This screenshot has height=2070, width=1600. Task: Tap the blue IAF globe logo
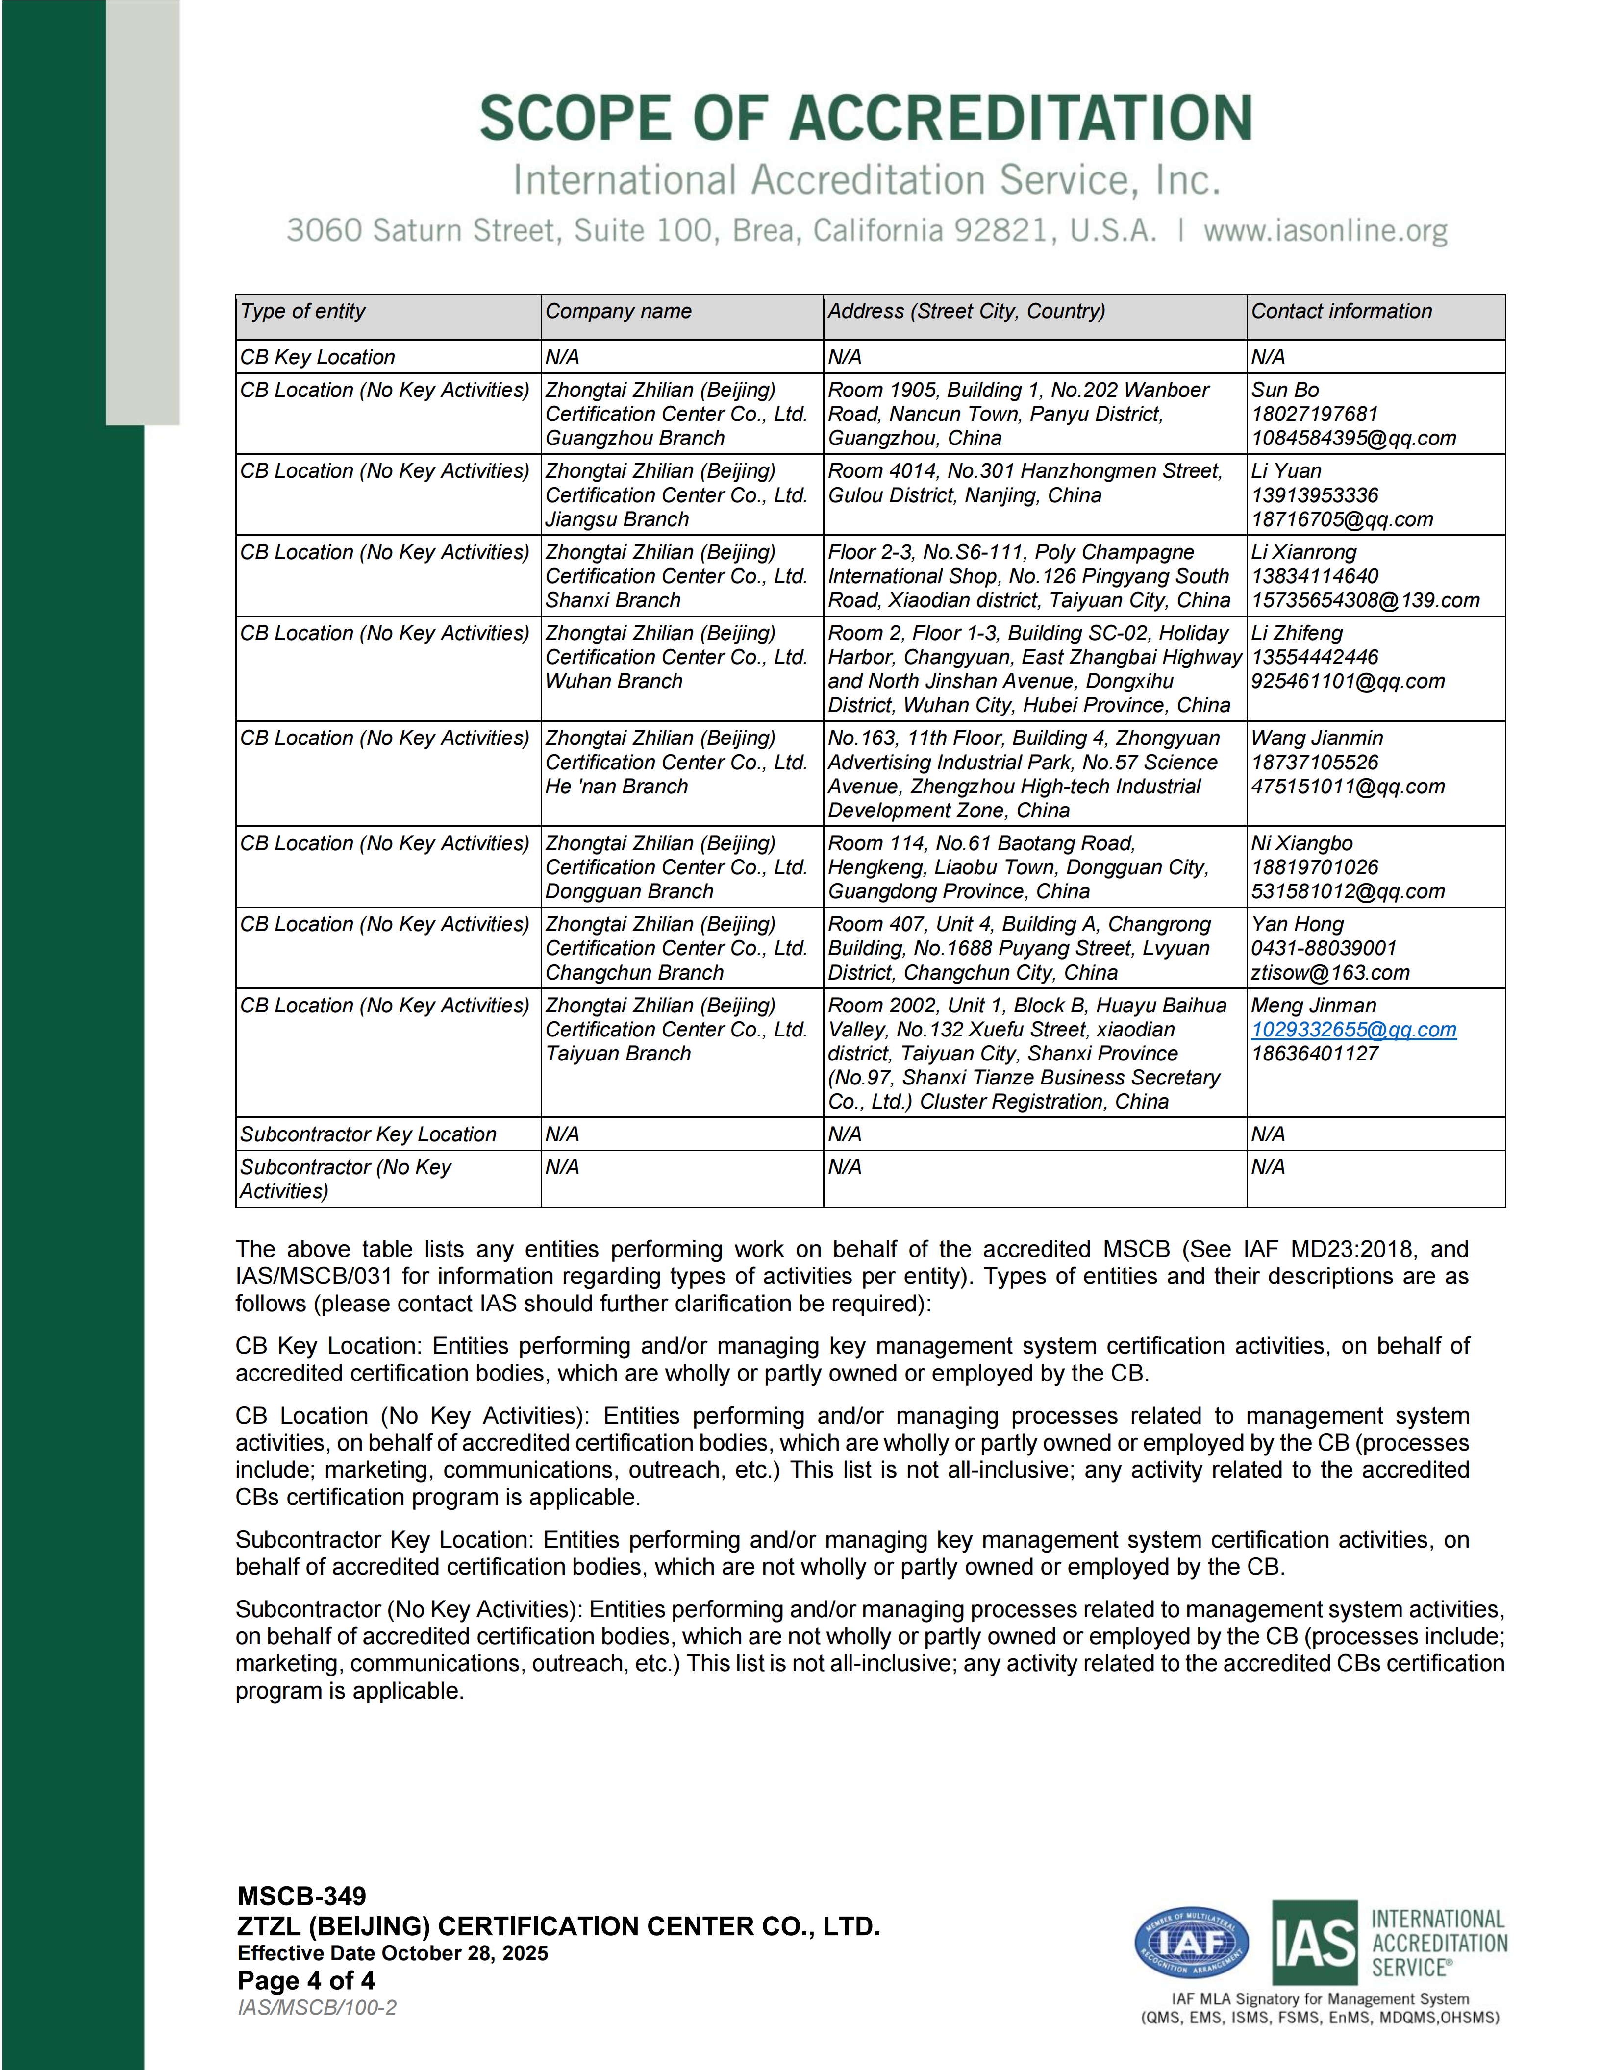tap(1192, 1943)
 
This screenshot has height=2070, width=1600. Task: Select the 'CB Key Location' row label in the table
tap(318, 357)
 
